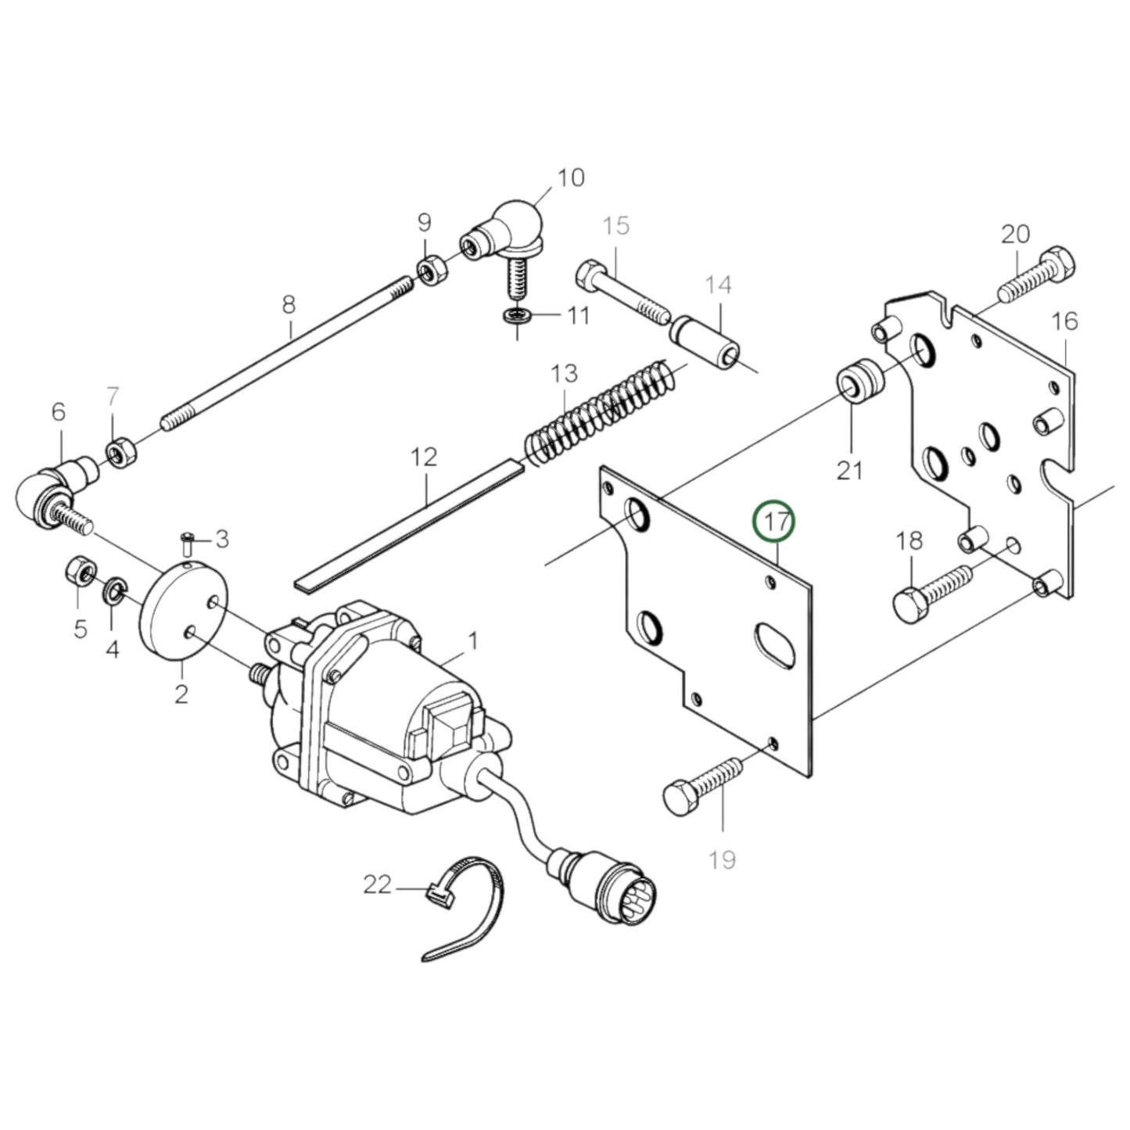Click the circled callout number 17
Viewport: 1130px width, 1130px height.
coord(773,522)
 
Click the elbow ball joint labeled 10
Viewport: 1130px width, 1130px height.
coord(508,235)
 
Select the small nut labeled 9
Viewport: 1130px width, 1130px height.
coord(429,271)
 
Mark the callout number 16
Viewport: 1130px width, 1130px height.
coord(1064,321)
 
